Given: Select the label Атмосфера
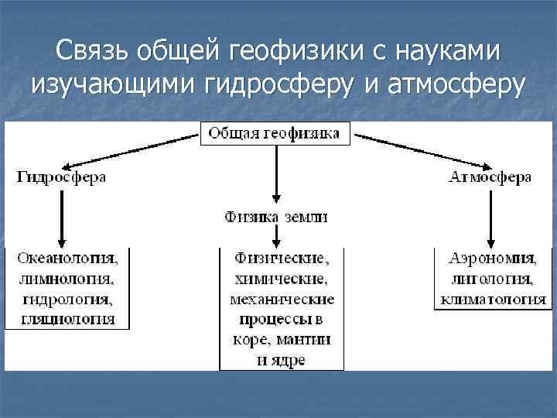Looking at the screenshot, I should pyautogui.click(x=490, y=178).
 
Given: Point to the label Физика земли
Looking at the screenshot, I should pyautogui.click(x=276, y=217).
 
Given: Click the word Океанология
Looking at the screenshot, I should pyautogui.click(x=67, y=259).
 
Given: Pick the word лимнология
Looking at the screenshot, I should pyautogui.click(x=68, y=279).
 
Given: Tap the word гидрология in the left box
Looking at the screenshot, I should pyautogui.click(x=68, y=299).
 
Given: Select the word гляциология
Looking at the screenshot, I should pyautogui.click(x=68, y=318).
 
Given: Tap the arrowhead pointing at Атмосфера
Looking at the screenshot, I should pyautogui.click(x=485, y=166).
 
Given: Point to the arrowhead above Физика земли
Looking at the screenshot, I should pyautogui.click(x=276, y=200).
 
